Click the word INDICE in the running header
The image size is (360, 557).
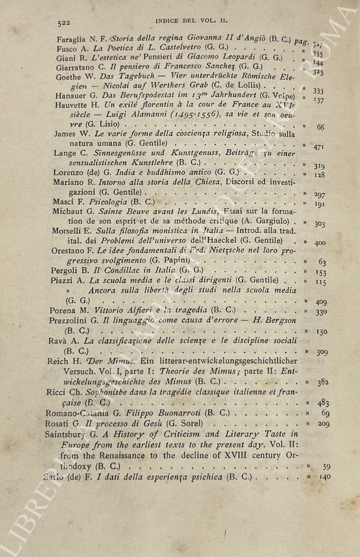(x=168, y=21)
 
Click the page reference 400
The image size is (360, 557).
(x=320, y=243)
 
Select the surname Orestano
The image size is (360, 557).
(x=68, y=251)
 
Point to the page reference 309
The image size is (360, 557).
(x=322, y=352)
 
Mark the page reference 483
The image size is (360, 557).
(x=324, y=403)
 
